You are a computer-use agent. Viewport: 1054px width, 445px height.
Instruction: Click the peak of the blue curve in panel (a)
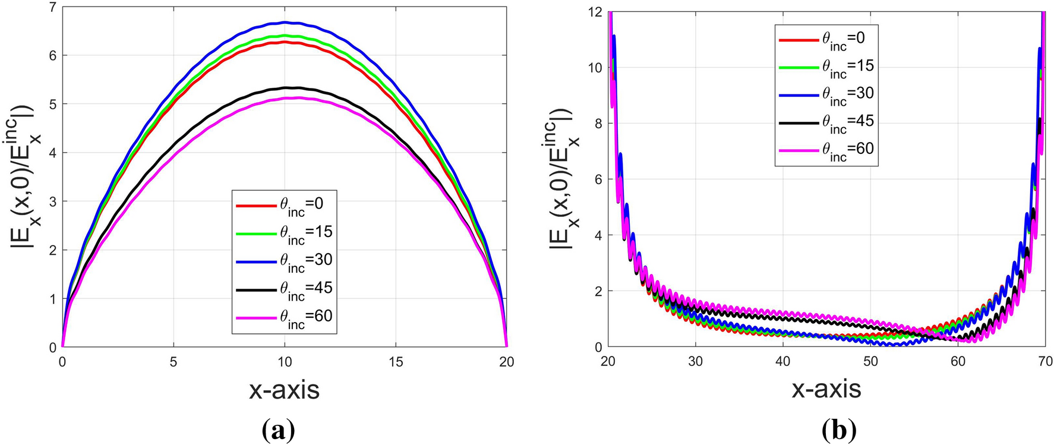(x=285, y=22)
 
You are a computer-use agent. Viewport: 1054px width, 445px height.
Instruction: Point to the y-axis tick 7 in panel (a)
(x=52, y=7)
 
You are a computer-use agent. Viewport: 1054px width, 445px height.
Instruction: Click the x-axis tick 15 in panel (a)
(x=396, y=362)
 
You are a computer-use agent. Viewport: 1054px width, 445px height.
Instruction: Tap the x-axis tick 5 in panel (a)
(x=173, y=362)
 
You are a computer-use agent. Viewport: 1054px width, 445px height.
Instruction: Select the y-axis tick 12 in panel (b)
(x=594, y=12)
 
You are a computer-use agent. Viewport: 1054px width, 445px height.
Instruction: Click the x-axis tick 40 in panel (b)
(x=782, y=361)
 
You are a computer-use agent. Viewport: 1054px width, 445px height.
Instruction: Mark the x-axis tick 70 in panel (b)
(x=1045, y=361)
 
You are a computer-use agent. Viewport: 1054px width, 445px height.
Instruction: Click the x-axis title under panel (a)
(x=284, y=390)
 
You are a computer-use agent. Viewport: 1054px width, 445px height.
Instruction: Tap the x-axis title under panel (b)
(x=826, y=389)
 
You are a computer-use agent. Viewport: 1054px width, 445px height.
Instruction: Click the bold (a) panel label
(x=277, y=429)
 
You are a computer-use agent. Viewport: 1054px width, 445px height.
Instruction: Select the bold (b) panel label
(x=839, y=429)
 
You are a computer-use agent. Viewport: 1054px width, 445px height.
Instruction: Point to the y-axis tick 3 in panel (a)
(x=52, y=201)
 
